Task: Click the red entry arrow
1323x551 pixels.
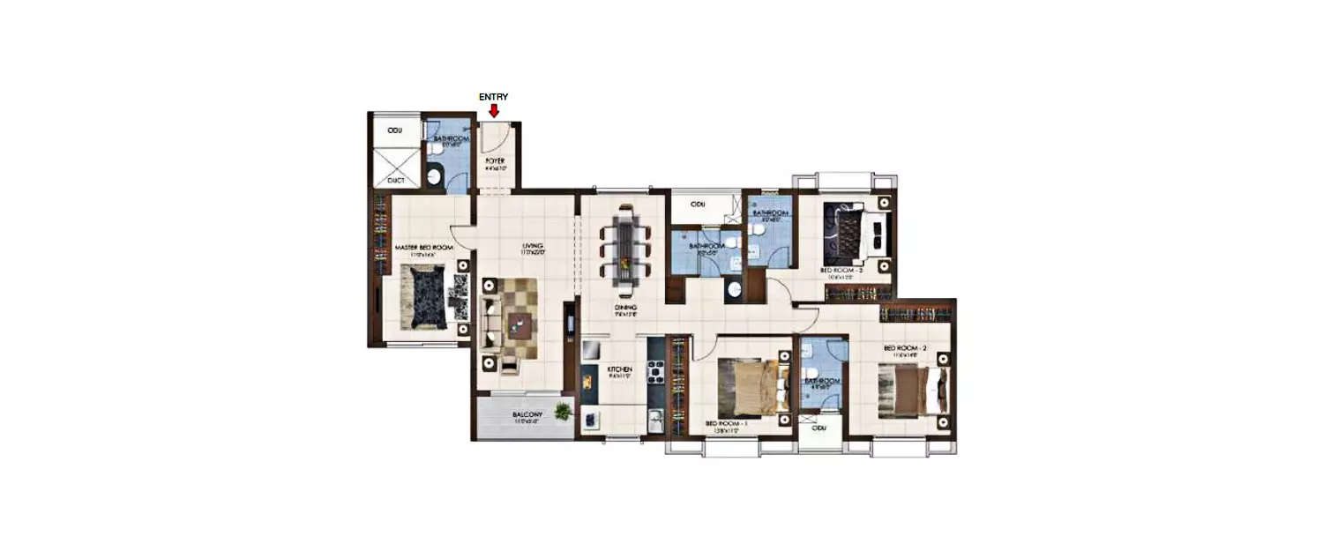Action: pos(494,111)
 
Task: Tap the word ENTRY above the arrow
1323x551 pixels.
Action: pos(493,97)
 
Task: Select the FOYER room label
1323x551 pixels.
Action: pos(494,161)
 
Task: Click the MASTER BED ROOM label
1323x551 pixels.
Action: pos(423,249)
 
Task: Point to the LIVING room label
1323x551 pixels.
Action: pos(532,246)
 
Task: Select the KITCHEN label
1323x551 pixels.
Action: pos(620,370)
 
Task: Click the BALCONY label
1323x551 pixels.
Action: pos(527,414)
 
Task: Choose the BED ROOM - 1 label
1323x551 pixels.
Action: pos(727,424)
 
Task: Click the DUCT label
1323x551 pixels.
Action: pos(395,180)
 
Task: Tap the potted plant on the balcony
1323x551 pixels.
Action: pos(563,410)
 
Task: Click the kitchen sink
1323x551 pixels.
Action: pos(654,421)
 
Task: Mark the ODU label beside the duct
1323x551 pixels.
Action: pos(395,130)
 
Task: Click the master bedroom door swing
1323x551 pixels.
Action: pos(462,235)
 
